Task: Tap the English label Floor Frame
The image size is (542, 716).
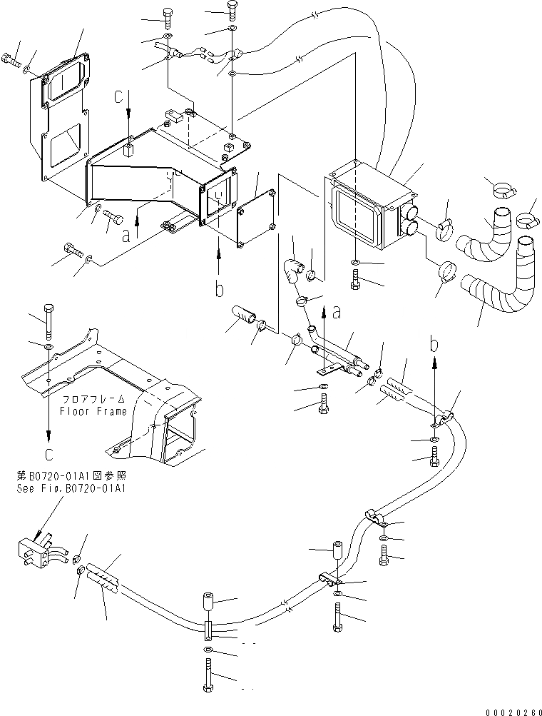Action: pyautogui.click(x=93, y=411)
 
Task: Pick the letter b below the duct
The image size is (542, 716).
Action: pyautogui.click(x=219, y=290)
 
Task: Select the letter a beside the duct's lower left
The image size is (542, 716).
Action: pyautogui.click(x=126, y=233)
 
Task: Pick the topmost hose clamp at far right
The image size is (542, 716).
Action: pyautogui.click(x=503, y=190)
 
